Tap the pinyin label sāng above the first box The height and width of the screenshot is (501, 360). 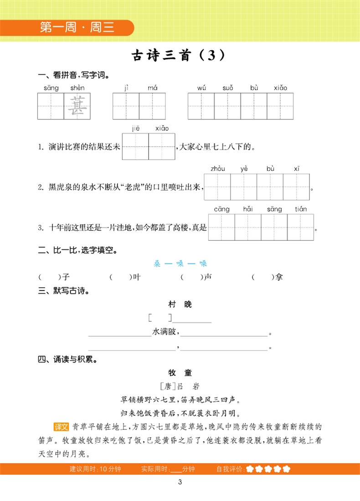(51, 88)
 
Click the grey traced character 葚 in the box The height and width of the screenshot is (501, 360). (77, 106)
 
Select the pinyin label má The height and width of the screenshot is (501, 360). (152, 88)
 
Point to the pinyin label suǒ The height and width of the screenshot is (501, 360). (228, 88)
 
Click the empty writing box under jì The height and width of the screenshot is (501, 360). (126, 106)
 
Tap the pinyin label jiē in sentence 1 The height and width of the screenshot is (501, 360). (136, 128)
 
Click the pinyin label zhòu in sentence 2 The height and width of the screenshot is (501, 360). (217, 169)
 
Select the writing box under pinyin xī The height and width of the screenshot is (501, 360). (296, 187)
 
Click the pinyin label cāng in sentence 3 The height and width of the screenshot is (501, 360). (221, 209)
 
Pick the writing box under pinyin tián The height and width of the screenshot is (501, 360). (301, 227)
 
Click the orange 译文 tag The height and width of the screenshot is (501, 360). (61, 427)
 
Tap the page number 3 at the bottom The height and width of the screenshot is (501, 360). (180, 483)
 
